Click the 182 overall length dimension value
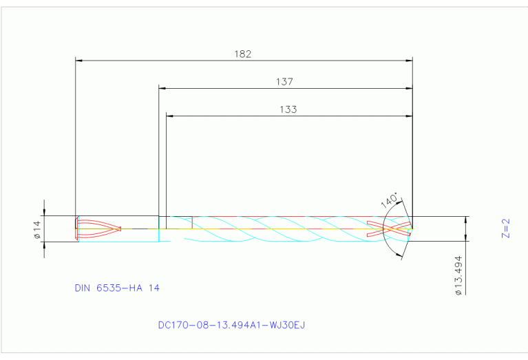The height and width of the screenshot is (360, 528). point(243,54)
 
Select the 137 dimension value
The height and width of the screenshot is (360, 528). point(285,81)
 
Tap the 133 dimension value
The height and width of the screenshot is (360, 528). point(289,109)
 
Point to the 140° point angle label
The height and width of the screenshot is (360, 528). point(390,200)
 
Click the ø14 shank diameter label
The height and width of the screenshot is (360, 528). point(37,229)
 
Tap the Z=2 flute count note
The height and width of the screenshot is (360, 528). point(506,228)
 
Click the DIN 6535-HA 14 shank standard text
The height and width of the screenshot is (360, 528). point(117,288)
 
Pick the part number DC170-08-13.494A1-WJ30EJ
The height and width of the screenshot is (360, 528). point(231,324)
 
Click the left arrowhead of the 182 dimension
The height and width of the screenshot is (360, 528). point(78,61)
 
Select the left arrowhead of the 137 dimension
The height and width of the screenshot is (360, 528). point(162,88)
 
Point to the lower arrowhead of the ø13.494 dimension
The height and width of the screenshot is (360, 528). point(466,244)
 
